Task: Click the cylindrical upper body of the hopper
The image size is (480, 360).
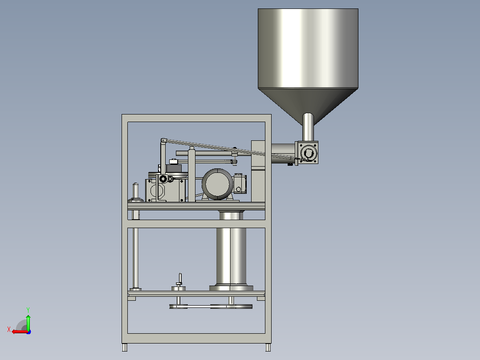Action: pyautogui.click(x=308, y=49)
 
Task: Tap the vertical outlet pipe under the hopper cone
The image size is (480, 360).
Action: pyautogui.click(x=308, y=127)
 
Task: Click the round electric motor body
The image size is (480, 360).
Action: pyautogui.click(x=217, y=184)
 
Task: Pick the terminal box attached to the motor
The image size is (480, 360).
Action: pyautogui.click(x=240, y=184)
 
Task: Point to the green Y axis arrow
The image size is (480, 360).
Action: pyautogui.click(x=28, y=322)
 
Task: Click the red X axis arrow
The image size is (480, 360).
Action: pyautogui.click(x=20, y=331)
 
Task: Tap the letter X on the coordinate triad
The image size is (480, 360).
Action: pyautogui.click(x=9, y=329)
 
